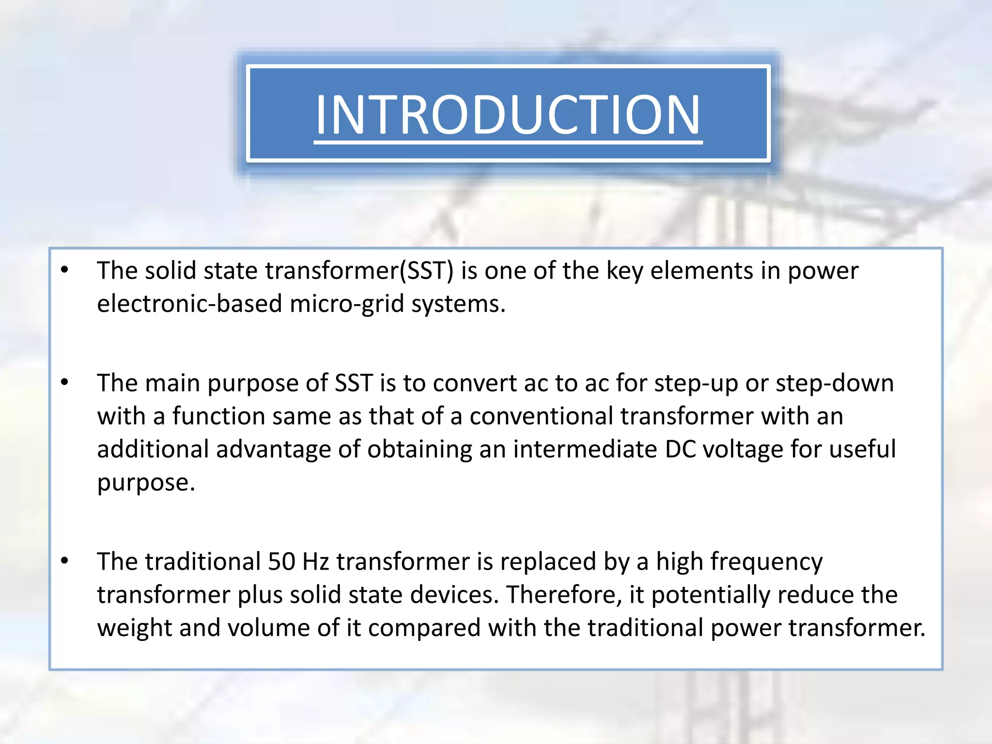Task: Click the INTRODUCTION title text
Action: [x=508, y=114]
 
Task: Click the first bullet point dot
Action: [x=65, y=270]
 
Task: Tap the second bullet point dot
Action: [x=65, y=382]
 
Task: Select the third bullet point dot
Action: [x=65, y=561]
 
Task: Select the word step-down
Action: [x=834, y=383]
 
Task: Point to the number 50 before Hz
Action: [x=281, y=561]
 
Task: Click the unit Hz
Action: [x=316, y=561]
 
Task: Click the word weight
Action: [x=134, y=628]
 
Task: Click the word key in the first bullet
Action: [x=624, y=271]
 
